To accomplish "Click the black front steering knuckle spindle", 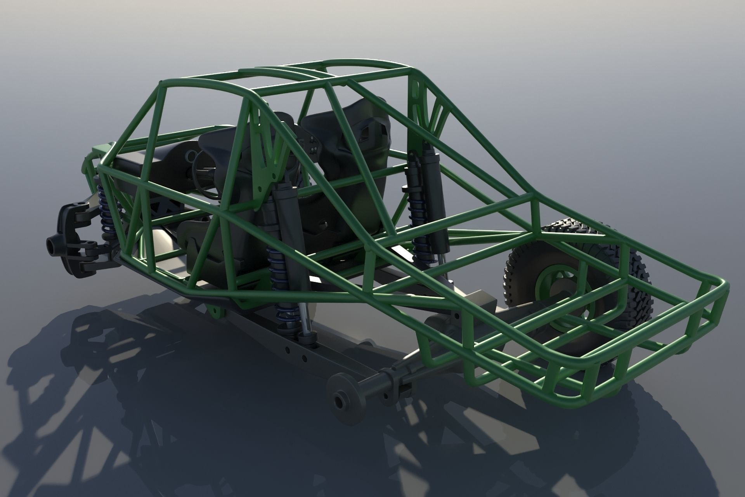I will (54, 244).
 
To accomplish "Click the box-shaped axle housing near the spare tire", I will (481, 305).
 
